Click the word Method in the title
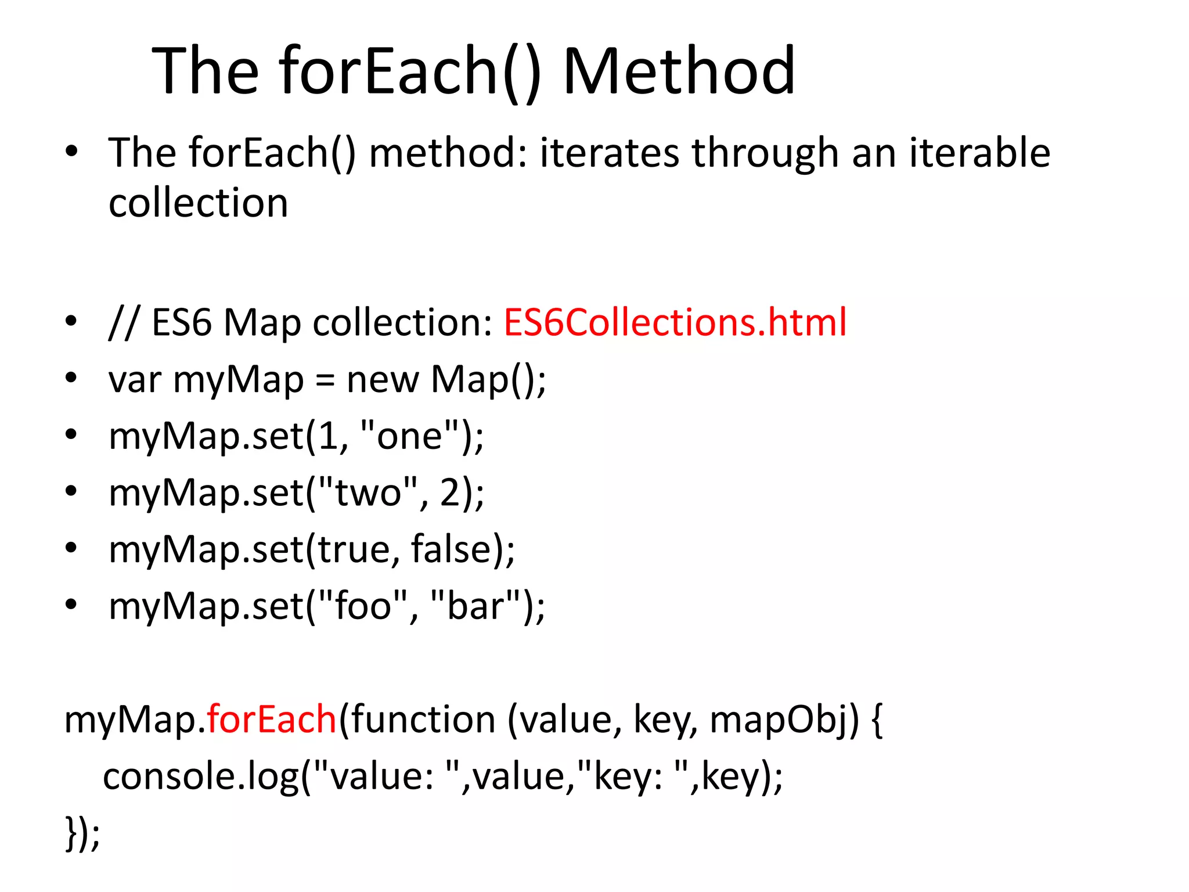pyautogui.click(x=679, y=71)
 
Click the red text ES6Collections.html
pyautogui.click(x=675, y=322)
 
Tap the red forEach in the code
pyautogui.click(x=271, y=719)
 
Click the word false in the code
pyautogui.click(x=451, y=549)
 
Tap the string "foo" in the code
pyautogui.click(x=363, y=606)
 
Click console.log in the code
pyautogui.click(x=200, y=776)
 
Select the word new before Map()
pyautogui.click(x=383, y=380)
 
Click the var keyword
pyautogui.click(x=135, y=380)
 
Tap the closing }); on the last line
pyautogui.click(x=82, y=833)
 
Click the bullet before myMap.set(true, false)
pyautogui.click(x=71, y=548)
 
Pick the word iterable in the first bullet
pyautogui.click(x=979, y=153)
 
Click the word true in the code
pyautogui.click(x=354, y=549)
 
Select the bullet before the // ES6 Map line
pyautogui.click(x=71, y=321)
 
